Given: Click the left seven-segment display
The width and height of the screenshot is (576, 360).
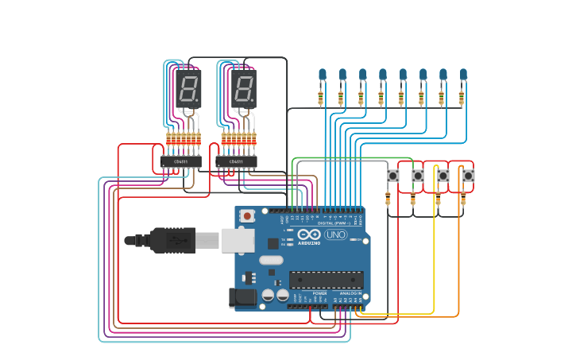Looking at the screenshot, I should [190, 88].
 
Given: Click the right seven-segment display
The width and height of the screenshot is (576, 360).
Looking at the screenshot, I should [244, 88].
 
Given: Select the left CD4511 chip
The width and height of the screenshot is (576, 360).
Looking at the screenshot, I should [180, 162].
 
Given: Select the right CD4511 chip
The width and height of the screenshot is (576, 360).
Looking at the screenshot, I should [236, 162].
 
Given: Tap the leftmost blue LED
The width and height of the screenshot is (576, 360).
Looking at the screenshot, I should [323, 75].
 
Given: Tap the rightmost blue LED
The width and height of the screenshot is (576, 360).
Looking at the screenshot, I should [463, 75].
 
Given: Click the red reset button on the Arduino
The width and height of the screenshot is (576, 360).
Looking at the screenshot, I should [248, 215].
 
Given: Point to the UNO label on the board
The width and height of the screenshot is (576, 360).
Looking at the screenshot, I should [335, 234].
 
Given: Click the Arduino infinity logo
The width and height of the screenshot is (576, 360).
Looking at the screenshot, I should [309, 234].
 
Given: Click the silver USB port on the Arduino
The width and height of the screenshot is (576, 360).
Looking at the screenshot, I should [237, 240].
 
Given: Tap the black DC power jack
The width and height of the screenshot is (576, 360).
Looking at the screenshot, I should [243, 298].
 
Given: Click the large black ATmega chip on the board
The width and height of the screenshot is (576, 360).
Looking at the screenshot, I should [326, 280].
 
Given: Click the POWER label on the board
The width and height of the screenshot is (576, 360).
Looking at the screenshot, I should [319, 293].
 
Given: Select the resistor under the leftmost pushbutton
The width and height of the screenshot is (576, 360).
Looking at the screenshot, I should [389, 200].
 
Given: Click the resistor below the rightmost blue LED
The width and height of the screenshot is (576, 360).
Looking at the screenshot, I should [462, 98].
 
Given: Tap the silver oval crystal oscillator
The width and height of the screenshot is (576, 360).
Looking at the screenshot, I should [271, 259].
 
